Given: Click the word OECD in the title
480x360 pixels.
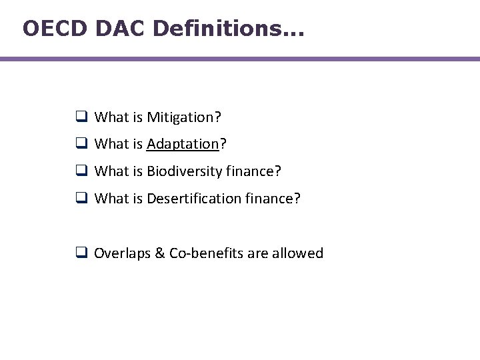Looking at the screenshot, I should [x=55, y=28].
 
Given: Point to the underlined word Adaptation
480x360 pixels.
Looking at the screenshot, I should [x=183, y=144].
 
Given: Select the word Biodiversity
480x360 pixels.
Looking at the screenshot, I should [x=185, y=171].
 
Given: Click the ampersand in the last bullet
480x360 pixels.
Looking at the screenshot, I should [x=158, y=253].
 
